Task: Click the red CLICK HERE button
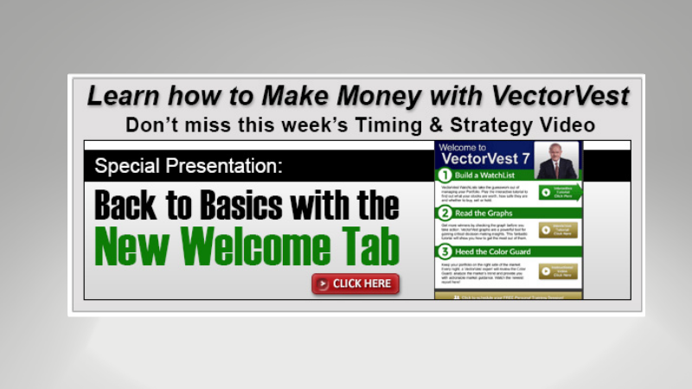pyautogui.click(x=356, y=284)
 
